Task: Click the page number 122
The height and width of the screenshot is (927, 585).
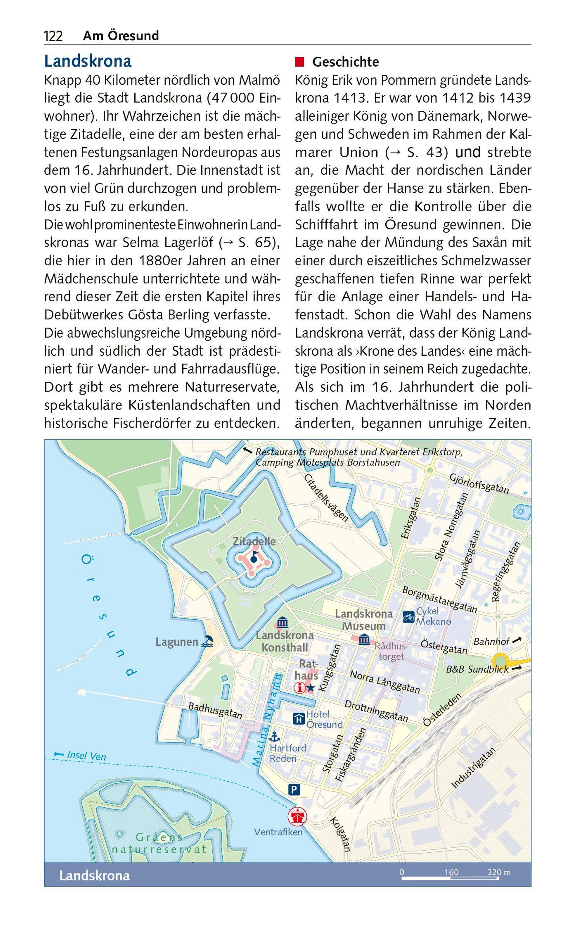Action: pos(53,36)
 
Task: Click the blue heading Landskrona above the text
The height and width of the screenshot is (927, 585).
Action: pos(88,61)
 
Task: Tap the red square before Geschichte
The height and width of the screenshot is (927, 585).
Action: pos(299,62)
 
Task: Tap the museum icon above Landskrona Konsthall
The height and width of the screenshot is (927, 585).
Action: pos(283,622)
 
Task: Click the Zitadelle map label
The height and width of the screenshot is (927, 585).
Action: pos(254,541)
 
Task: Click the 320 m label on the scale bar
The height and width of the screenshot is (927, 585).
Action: pos(499,872)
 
